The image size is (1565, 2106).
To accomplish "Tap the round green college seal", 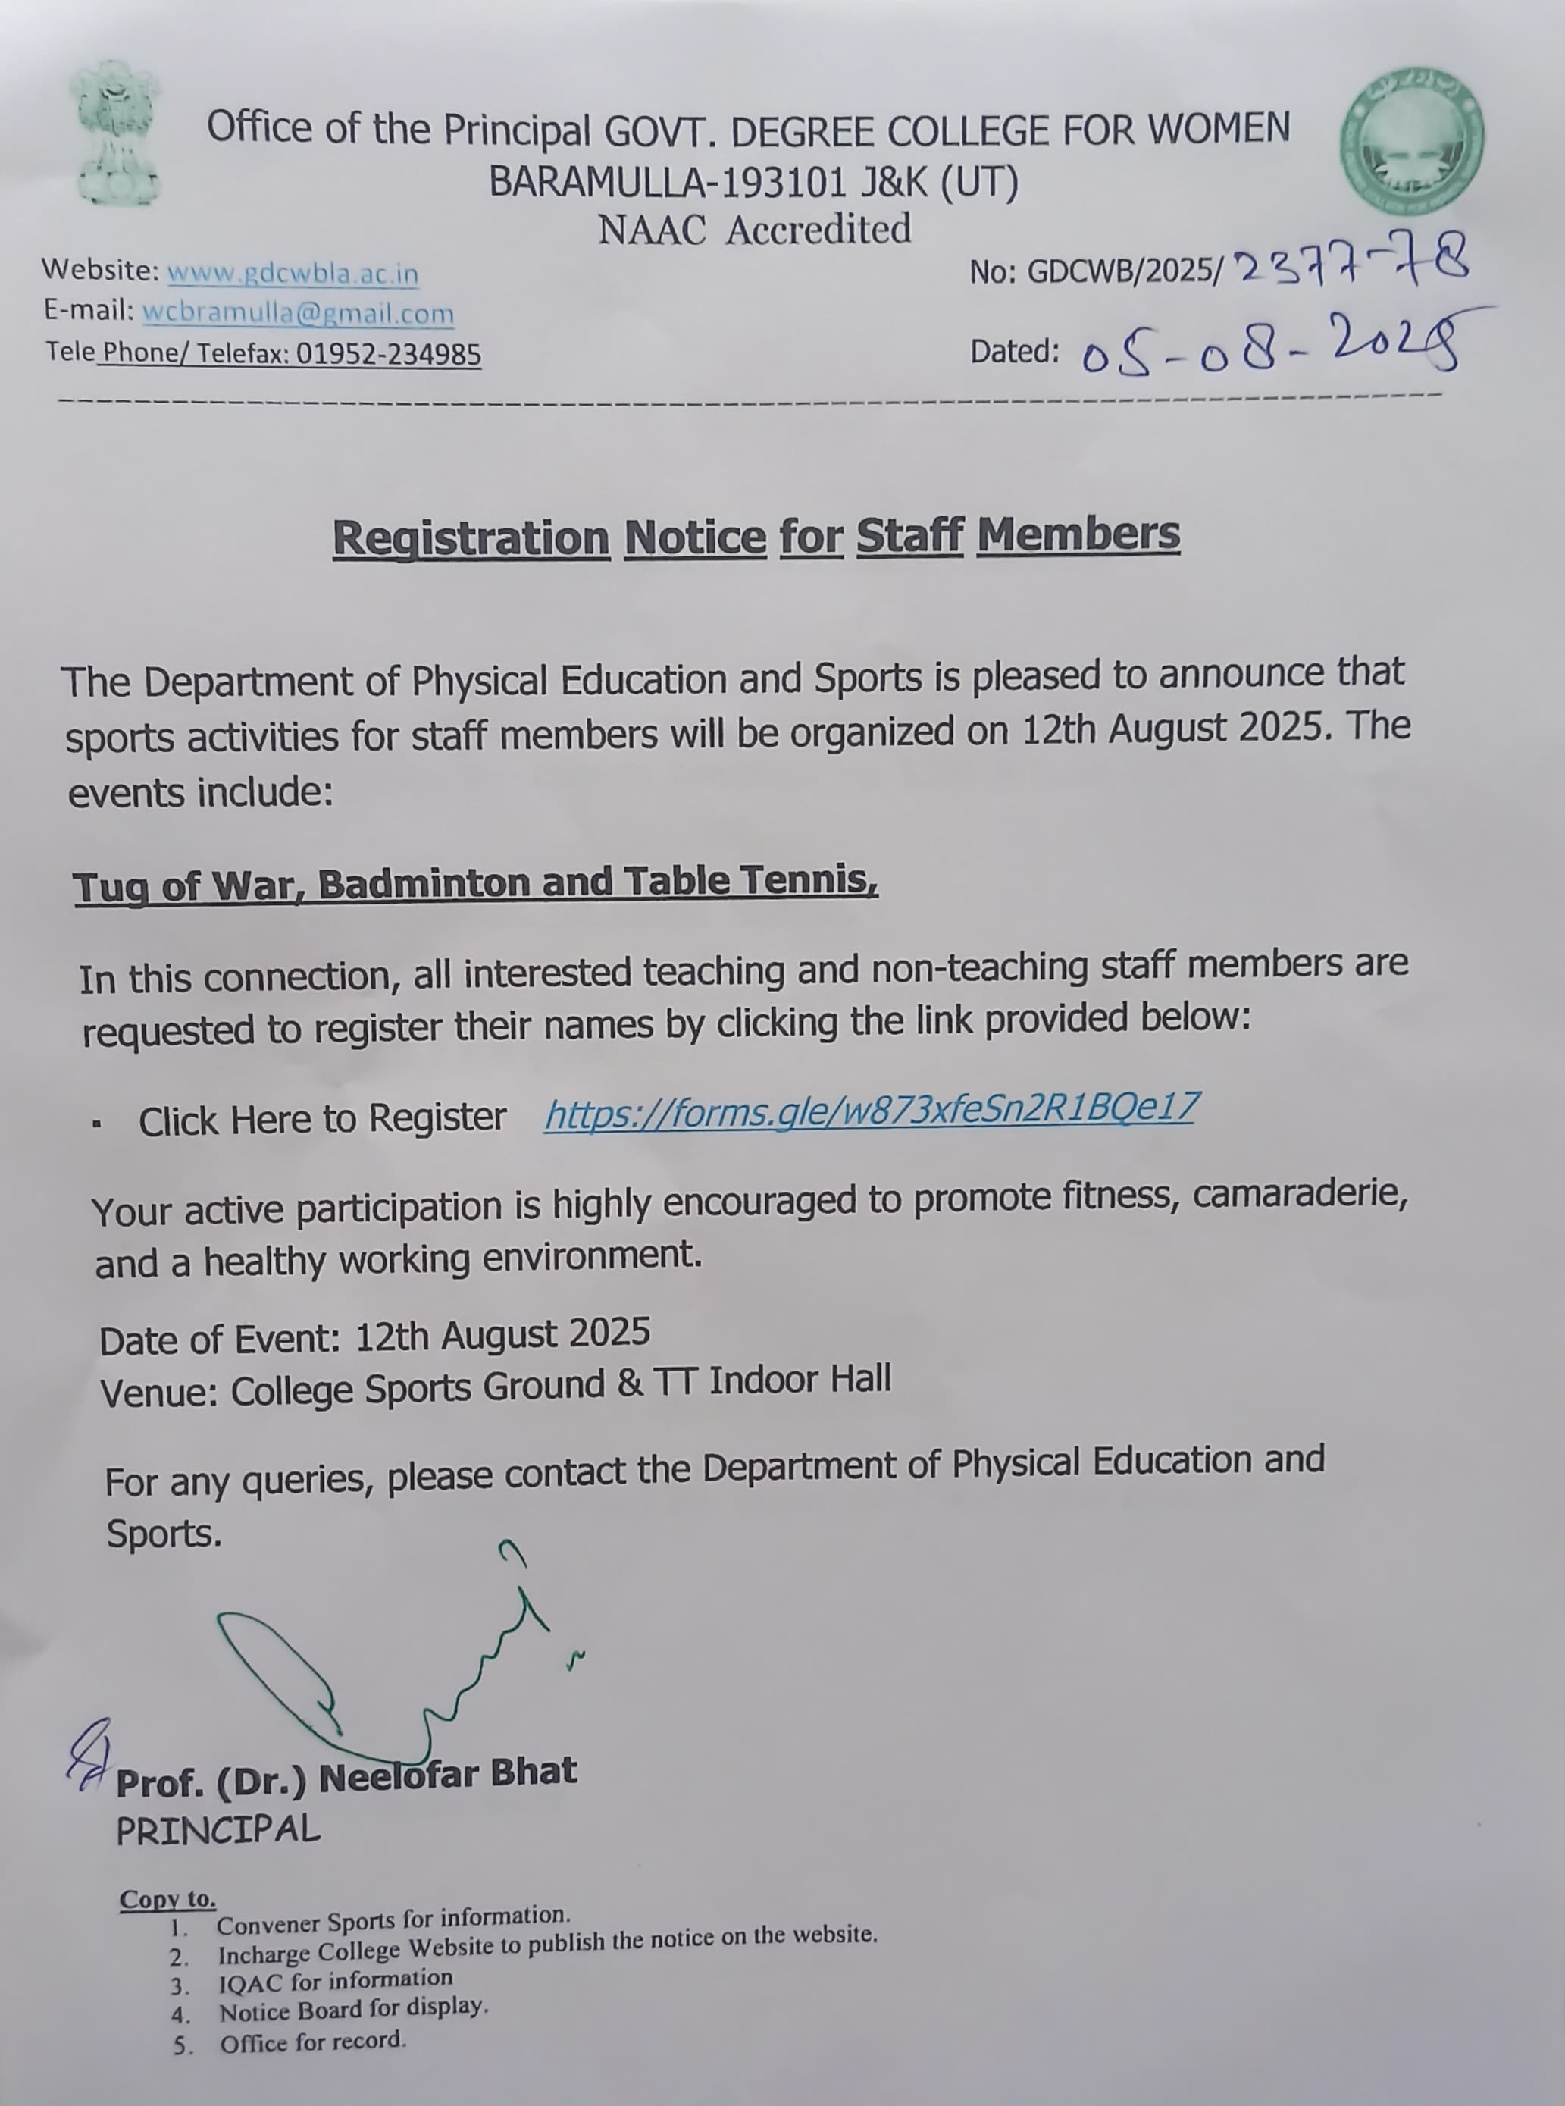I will tap(1411, 140).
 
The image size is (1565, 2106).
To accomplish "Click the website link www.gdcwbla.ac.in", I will tap(293, 273).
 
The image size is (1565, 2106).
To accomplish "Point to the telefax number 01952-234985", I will tap(388, 353).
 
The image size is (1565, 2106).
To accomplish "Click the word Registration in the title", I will tap(471, 538).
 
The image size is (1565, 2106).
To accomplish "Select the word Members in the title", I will tap(1077, 534).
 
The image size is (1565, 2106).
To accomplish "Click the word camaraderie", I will tap(1299, 1194).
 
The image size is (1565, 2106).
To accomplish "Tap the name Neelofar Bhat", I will tap(447, 1773).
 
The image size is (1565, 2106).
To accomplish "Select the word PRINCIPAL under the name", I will tap(218, 1829).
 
